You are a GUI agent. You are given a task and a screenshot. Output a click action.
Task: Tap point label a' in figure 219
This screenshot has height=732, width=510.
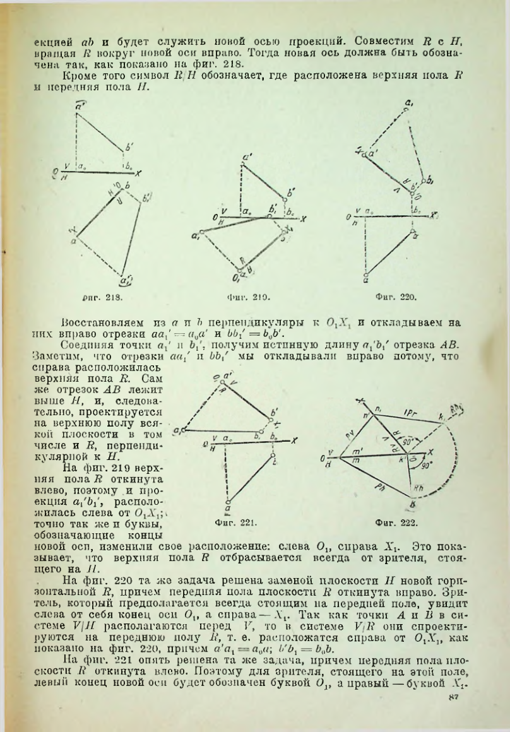pos(246,158)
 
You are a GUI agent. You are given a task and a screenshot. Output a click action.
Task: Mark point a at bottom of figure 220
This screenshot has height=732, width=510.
pos(367,278)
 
